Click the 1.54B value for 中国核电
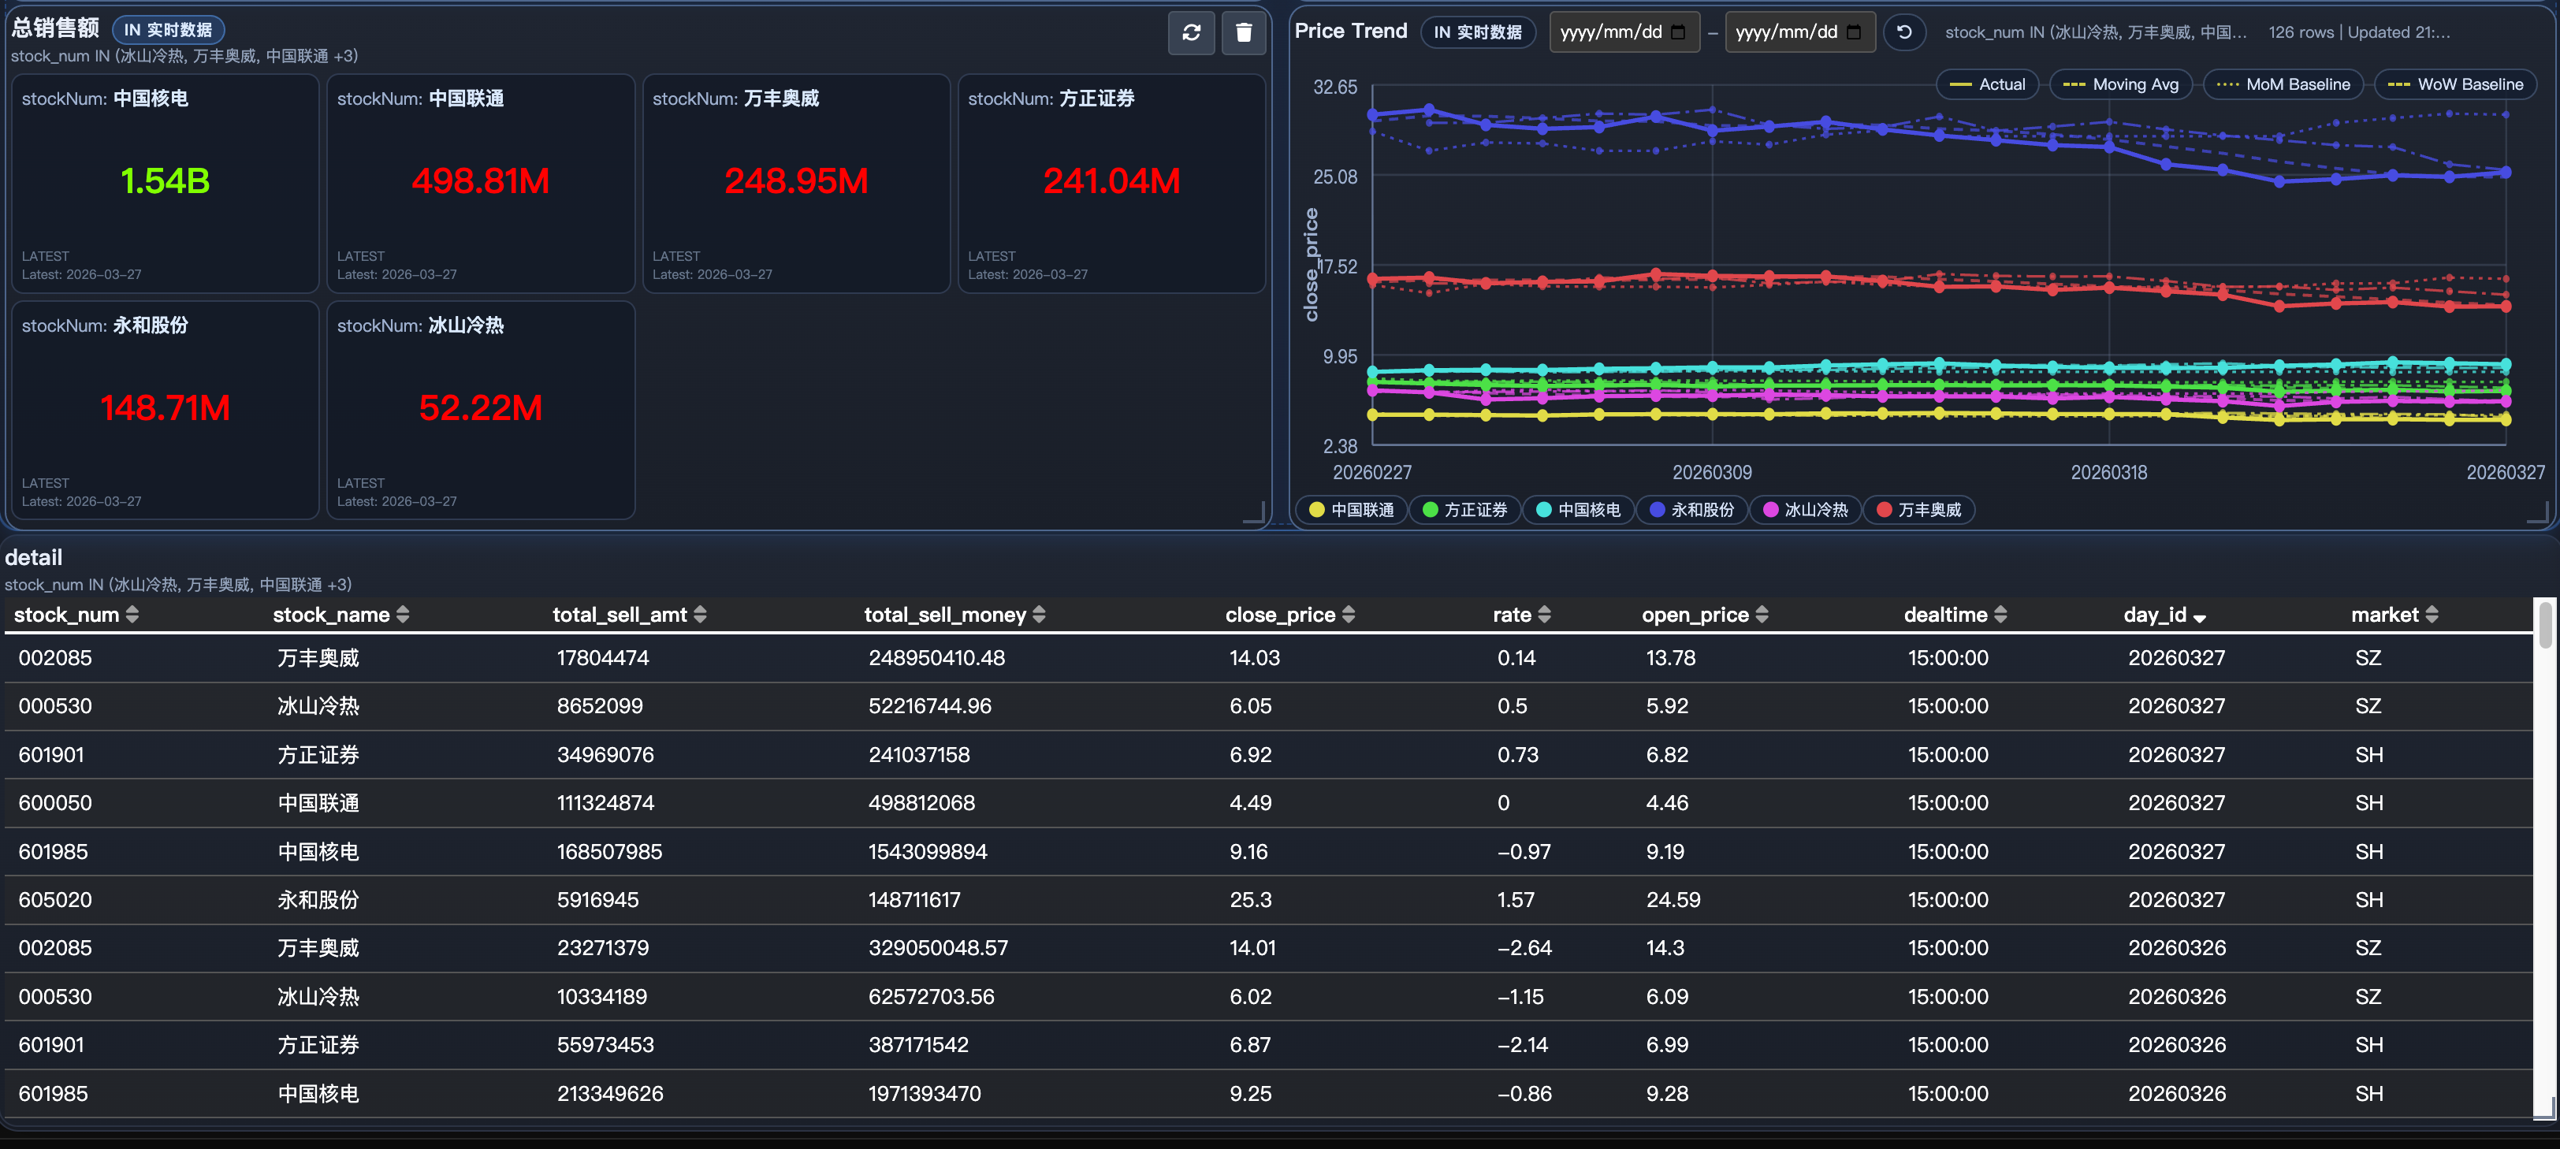[x=165, y=181]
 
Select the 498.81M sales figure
[x=480, y=181]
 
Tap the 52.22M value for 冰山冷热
[x=480, y=407]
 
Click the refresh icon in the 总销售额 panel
[x=1191, y=33]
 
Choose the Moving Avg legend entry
[x=2121, y=84]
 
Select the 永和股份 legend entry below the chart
[x=1691, y=510]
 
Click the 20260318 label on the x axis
[x=2108, y=473]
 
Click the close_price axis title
[x=1311, y=264]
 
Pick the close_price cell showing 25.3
[x=1250, y=899]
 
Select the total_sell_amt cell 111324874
[x=605, y=802]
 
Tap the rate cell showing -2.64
[x=1524, y=947]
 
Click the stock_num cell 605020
[x=54, y=899]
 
